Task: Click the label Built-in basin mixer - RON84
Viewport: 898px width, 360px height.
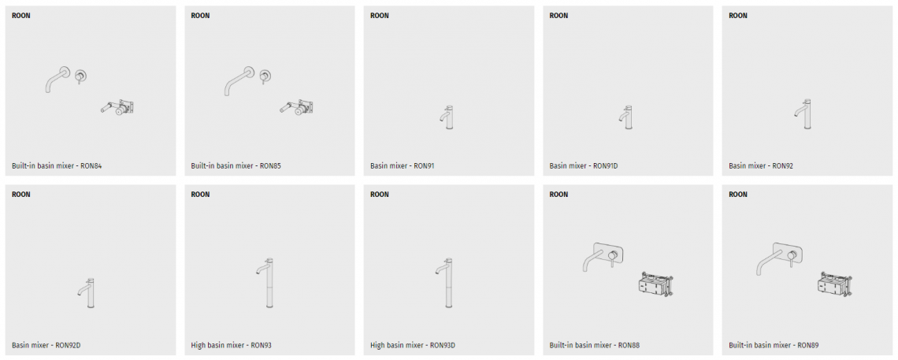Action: [57, 166]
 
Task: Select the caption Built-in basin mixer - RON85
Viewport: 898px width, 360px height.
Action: [236, 166]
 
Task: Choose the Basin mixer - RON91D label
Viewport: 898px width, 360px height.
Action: [584, 166]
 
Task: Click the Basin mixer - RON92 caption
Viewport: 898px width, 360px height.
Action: [761, 166]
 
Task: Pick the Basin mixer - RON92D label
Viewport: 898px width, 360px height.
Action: [46, 345]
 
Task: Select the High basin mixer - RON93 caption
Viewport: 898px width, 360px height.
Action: [231, 345]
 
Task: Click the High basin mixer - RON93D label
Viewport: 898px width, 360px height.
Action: [412, 345]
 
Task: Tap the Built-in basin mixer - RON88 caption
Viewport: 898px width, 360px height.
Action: [595, 345]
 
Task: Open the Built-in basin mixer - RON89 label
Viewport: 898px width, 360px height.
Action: [774, 345]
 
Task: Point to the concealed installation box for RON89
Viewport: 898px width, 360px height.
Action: [835, 284]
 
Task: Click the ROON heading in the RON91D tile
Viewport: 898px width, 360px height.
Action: [558, 16]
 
